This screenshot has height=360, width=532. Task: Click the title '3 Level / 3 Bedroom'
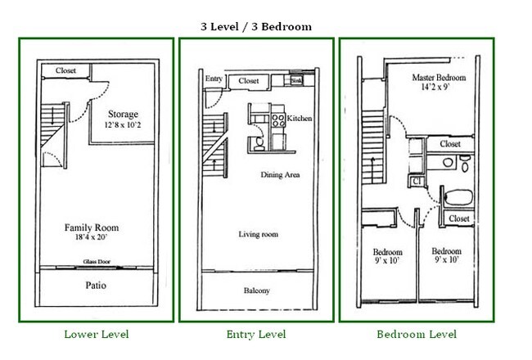pyautogui.click(x=256, y=26)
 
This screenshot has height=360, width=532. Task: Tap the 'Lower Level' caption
pyautogui.click(x=96, y=334)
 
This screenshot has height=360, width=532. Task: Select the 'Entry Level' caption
pyautogui.click(x=255, y=334)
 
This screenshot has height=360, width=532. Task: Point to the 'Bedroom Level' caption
pyautogui.click(x=417, y=334)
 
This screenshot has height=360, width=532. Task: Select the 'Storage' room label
pyautogui.click(x=122, y=115)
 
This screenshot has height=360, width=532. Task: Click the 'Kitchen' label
pyautogui.click(x=299, y=119)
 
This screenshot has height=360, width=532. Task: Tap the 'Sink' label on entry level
pyautogui.click(x=296, y=80)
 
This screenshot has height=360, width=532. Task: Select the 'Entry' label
pyautogui.click(x=214, y=79)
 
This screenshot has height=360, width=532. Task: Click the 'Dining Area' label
pyautogui.click(x=280, y=175)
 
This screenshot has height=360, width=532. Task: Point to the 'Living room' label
pyautogui.click(x=258, y=234)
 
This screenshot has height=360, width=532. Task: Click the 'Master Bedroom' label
pyautogui.click(x=439, y=78)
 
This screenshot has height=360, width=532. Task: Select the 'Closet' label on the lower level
pyautogui.click(x=65, y=71)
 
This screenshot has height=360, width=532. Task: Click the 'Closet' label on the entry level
pyautogui.click(x=249, y=81)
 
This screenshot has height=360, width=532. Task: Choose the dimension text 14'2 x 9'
pyautogui.click(x=439, y=88)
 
